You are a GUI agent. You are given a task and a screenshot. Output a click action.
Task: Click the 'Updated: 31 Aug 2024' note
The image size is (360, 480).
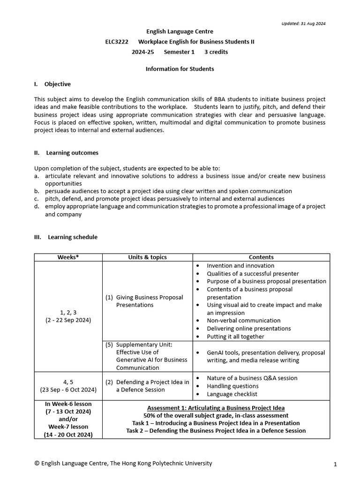[303, 23]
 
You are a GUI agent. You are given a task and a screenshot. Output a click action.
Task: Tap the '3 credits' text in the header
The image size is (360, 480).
[216, 52]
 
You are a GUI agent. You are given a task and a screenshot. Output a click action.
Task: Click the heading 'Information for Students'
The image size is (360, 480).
[180, 69]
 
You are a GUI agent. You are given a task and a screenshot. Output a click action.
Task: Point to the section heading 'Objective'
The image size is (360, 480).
[57, 84]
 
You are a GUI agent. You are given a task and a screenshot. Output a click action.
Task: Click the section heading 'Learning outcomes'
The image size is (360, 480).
[72, 153]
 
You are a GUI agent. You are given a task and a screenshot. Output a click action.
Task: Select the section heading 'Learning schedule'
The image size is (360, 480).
[73, 237]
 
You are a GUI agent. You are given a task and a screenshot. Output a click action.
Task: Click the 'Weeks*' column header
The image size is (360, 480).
[68, 257]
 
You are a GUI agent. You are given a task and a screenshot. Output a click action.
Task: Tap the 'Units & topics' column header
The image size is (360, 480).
[147, 257]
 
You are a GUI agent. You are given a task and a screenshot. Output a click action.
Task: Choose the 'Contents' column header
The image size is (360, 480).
[261, 257]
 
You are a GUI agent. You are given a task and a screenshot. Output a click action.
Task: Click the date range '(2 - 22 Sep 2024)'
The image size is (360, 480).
[68, 320]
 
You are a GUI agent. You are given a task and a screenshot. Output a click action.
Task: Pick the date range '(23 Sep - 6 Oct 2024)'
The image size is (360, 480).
[68, 390]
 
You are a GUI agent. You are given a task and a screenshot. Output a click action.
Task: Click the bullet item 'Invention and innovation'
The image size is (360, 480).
[240, 266]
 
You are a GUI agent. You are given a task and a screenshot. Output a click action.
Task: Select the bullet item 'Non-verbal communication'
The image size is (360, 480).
[242, 321]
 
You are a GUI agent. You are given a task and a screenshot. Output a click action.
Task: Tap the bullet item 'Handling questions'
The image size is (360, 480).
[232, 386]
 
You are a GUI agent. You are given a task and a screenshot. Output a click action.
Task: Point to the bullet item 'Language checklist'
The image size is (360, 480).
[232, 394]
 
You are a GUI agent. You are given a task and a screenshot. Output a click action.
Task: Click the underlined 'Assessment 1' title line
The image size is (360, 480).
[216, 408]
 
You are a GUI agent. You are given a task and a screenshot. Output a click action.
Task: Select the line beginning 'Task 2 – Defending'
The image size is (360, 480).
[216, 431]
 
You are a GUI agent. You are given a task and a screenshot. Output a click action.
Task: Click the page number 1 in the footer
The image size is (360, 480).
[335, 464]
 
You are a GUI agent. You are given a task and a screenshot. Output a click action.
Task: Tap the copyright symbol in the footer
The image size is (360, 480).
[37, 463]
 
